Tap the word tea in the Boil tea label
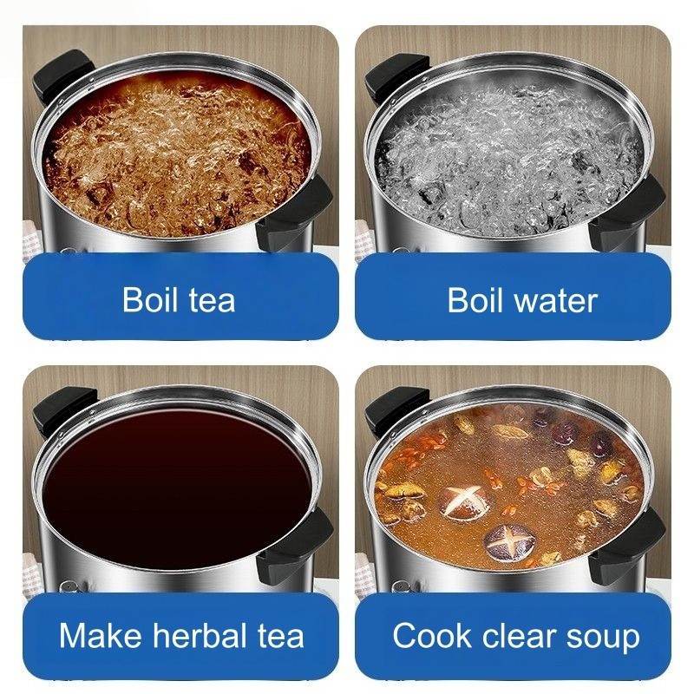tap(213, 300)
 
